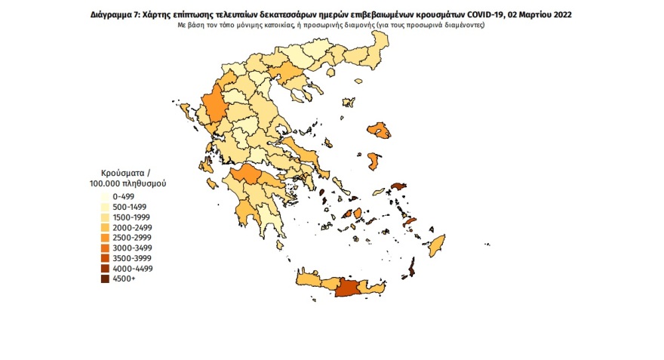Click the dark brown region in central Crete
point(349,288)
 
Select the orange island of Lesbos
point(380,131)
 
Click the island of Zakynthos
point(213,183)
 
